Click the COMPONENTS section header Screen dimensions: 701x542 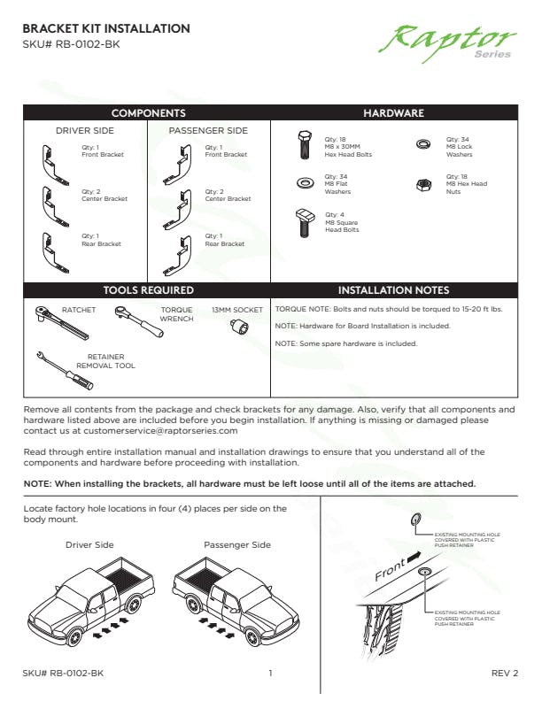coord(148,113)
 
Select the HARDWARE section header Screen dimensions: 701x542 coord(393,113)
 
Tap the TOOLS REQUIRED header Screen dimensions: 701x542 coord(148,289)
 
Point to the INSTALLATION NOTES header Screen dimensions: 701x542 coord(393,289)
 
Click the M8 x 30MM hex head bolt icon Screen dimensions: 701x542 coord(304,145)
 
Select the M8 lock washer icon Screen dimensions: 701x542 coord(423,144)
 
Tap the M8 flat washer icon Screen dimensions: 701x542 coord(304,184)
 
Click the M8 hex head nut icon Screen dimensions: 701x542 coord(423,185)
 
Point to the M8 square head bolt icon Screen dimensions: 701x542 coord(304,221)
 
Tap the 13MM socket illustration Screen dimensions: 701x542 coord(238,328)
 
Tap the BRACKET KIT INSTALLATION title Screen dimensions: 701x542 coord(106,29)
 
